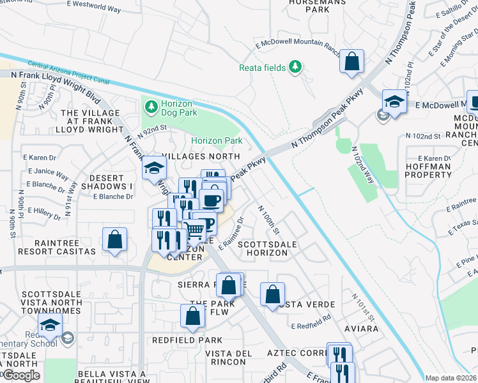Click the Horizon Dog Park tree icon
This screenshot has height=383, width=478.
click(151, 106)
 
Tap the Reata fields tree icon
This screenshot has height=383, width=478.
click(295, 66)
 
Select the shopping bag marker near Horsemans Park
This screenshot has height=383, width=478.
click(351, 62)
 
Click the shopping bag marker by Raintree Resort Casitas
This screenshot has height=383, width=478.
click(114, 240)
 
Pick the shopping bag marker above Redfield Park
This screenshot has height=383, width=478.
click(192, 315)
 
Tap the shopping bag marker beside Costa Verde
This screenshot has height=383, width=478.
click(272, 294)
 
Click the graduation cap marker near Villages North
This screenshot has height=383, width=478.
click(154, 168)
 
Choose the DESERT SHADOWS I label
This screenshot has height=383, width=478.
click(110, 182)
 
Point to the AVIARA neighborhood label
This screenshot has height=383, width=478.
click(362, 329)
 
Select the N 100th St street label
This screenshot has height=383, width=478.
click(268, 219)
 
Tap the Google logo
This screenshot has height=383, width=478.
click(20, 375)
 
